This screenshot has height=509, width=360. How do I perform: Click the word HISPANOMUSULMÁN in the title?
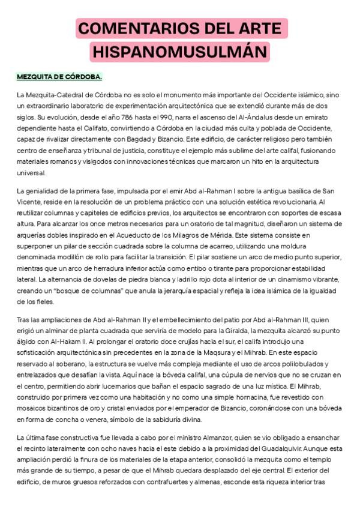(x=179, y=52)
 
